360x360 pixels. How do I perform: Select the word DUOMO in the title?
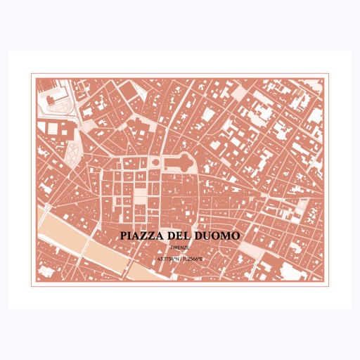[219, 236]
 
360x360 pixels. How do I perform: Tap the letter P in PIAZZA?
[124, 236]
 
